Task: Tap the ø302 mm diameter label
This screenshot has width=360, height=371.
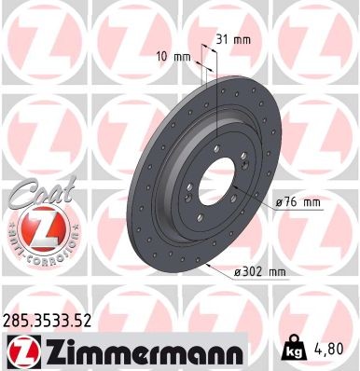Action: pos(260,271)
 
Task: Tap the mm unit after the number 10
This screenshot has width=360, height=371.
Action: pos(182,57)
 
